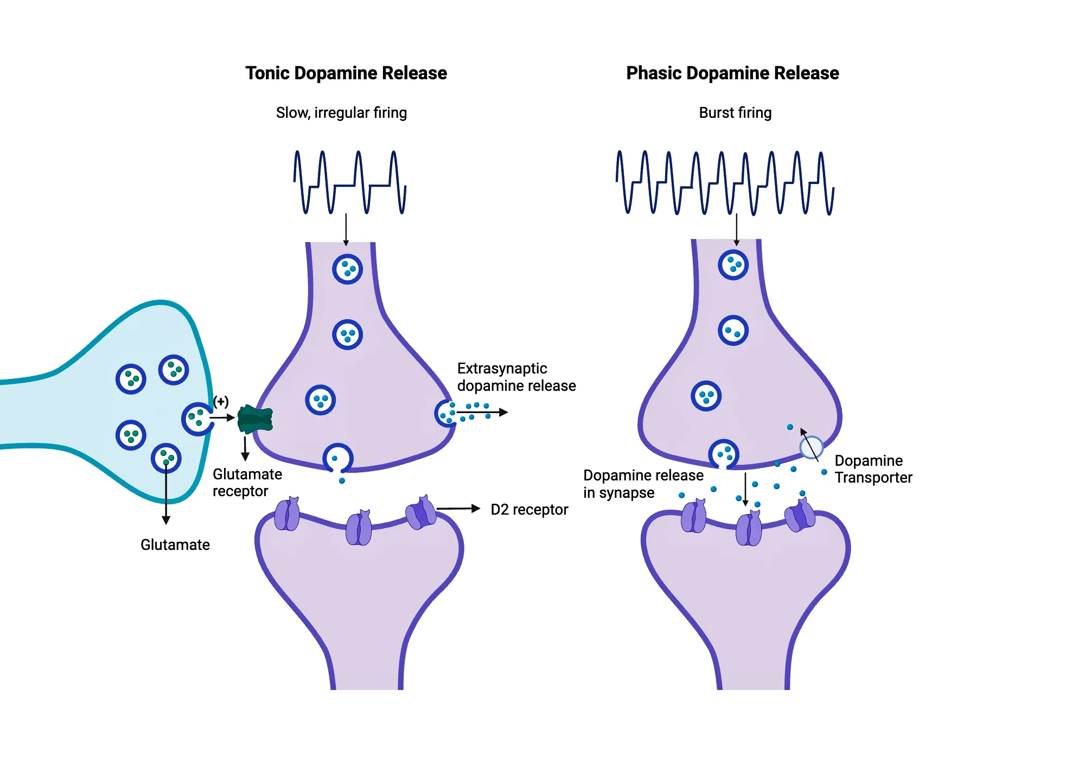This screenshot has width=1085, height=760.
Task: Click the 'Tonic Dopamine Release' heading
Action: (x=346, y=73)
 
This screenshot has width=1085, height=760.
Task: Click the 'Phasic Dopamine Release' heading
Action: (x=732, y=73)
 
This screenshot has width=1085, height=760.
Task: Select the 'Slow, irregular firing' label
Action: (x=341, y=113)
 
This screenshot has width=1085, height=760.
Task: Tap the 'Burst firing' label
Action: (x=735, y=113)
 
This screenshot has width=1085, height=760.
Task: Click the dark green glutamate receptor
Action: (x=255, y=419)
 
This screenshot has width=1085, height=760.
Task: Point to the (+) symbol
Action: (x=221, y=401)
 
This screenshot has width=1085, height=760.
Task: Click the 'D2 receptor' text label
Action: (x=529, y=510)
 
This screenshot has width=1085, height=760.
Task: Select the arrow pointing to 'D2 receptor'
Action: (x=458, y=509)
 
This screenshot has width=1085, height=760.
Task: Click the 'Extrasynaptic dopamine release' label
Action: (x=516, y=377)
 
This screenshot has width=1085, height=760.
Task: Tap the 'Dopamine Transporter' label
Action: (x=873, y=469)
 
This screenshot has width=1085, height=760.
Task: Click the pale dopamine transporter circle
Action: (x=812, y=447)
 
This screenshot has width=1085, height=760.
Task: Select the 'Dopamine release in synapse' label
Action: (x=643, y=484)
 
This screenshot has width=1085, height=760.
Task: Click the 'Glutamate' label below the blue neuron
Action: (x=175, y=545)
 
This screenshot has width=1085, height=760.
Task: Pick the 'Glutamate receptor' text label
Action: (x=247, y=483)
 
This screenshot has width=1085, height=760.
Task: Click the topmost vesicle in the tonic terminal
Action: (x=347, y=269)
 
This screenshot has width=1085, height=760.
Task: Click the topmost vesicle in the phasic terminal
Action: (x=733, y=265)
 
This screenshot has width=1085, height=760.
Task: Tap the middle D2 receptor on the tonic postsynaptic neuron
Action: (x=359, y=528)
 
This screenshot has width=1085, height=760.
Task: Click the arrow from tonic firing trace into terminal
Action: (x=346, y=229)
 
